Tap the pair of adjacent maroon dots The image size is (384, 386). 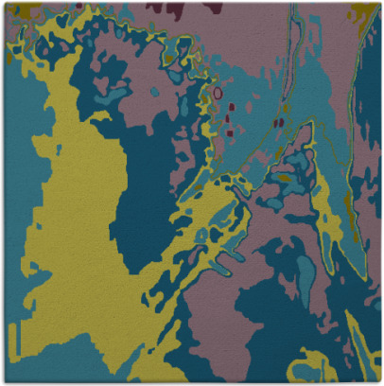278,122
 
